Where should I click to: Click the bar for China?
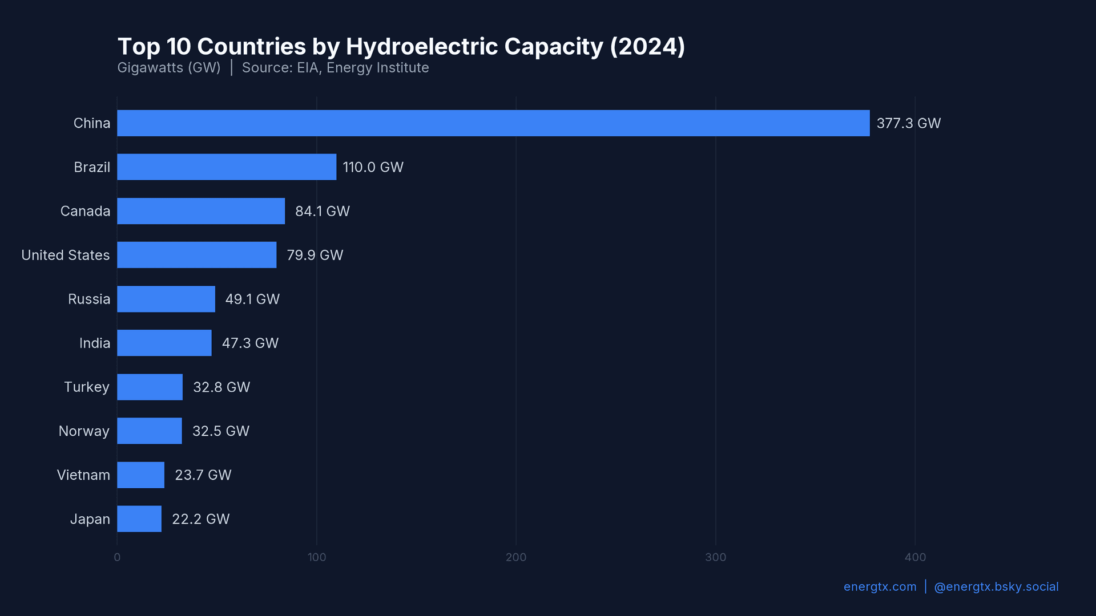493,123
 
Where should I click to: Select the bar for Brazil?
227,167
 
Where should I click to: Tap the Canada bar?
201,211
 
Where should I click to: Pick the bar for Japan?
139,519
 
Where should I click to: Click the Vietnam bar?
140,475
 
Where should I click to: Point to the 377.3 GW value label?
908,123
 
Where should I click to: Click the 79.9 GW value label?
315,255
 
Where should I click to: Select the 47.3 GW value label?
250,343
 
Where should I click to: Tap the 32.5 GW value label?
220,431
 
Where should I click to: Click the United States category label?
66,255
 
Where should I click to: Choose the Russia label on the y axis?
89,299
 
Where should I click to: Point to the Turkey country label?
86,387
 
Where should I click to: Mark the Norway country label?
84,431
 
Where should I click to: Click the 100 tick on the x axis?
317,557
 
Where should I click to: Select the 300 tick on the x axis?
715,557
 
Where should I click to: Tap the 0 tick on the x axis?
117,557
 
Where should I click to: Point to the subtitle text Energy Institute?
377,68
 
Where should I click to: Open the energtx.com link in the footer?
880,587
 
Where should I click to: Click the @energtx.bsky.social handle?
996,587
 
